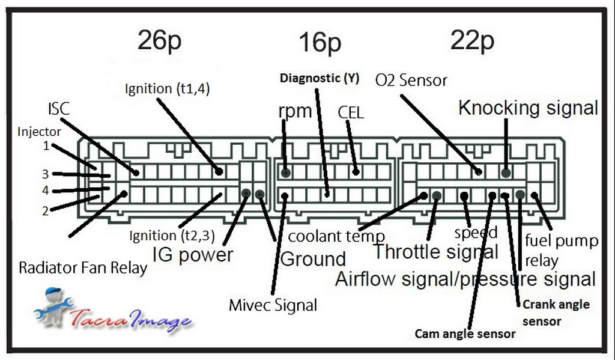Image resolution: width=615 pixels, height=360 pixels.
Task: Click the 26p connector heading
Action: pos(159,41)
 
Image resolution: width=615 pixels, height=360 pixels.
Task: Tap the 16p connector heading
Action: pos(320,43)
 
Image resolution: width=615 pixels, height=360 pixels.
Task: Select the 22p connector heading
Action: pos(472,41)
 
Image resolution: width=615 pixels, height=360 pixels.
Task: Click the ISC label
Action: pos(58,109)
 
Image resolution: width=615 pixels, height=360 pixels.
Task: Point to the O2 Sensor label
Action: pos(411,80)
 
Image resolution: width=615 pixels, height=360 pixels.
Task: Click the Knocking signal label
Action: pos(528,108)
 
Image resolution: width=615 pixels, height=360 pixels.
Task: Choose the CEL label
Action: pos(351,112)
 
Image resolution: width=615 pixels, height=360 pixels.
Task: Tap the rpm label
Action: pos(295,111)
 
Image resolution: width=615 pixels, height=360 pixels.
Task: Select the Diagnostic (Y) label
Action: pos(319,78)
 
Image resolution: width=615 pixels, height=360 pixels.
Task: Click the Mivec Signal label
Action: pos(273,305)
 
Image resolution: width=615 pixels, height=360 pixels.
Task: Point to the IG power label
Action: pos(193,254)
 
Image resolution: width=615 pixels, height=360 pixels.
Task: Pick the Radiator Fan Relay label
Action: pos(83,267)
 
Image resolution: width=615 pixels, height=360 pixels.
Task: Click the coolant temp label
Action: pos(336,236)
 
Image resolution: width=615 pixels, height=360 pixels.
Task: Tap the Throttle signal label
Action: pos(435,251)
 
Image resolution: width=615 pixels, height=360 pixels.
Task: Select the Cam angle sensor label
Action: pos(465,334)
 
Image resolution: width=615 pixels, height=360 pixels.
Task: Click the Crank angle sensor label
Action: pos(556,313)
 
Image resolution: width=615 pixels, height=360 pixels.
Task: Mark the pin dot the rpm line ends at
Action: pos(286,172)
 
